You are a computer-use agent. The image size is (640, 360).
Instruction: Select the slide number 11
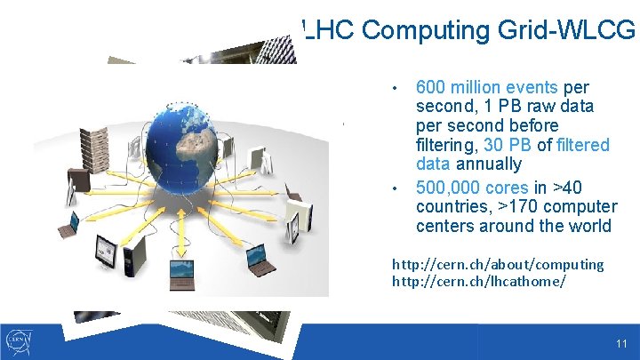[620, 343]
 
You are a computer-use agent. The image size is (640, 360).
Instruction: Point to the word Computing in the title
[422, 30]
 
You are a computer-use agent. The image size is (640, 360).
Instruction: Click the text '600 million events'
[486, 87]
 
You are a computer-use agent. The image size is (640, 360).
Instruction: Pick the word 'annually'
[489, 164]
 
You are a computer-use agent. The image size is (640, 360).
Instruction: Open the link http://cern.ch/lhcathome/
[479, 281]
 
